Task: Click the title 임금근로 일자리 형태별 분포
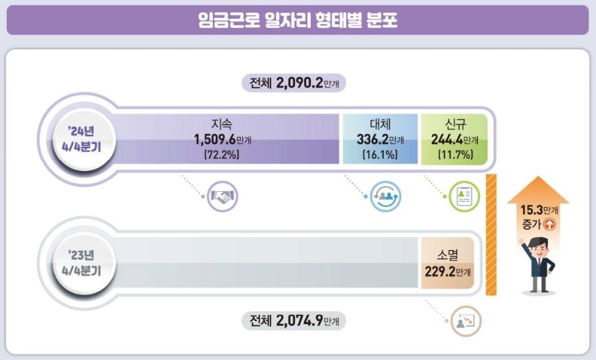click(298, 20)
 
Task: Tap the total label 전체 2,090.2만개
click(295, 83)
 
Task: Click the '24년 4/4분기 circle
click(74, 138)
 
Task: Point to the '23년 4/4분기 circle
click(74, 260)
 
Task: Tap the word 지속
click(223, 125)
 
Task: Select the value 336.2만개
click(379, 140)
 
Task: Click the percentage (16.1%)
click(380, 156)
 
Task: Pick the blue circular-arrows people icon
click(384, 197)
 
